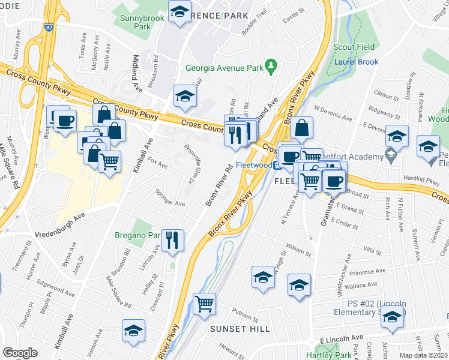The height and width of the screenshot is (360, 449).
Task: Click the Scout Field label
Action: click(354, 47)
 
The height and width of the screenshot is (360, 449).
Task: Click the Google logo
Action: click(20, 352)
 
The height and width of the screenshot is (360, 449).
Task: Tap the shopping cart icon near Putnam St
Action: click(205, 304)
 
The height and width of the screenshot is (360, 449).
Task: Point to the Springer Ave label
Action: click(170, 199)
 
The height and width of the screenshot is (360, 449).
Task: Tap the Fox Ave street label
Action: click(157, 162)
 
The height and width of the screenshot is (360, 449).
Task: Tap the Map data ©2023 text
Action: click(423, 355)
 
